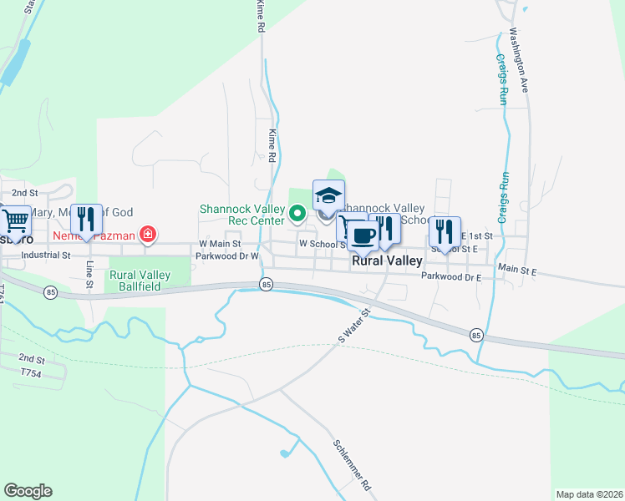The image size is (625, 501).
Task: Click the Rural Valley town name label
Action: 387,261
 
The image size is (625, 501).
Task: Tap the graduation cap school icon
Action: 328,196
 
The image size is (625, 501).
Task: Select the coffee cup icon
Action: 362,235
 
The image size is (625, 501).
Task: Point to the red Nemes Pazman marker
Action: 148,235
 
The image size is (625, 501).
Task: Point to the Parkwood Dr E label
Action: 451,276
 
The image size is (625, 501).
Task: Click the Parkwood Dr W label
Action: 226,256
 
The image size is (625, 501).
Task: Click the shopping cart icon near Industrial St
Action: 16,221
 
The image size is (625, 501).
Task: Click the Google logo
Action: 28,491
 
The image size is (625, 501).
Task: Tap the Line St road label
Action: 89,274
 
